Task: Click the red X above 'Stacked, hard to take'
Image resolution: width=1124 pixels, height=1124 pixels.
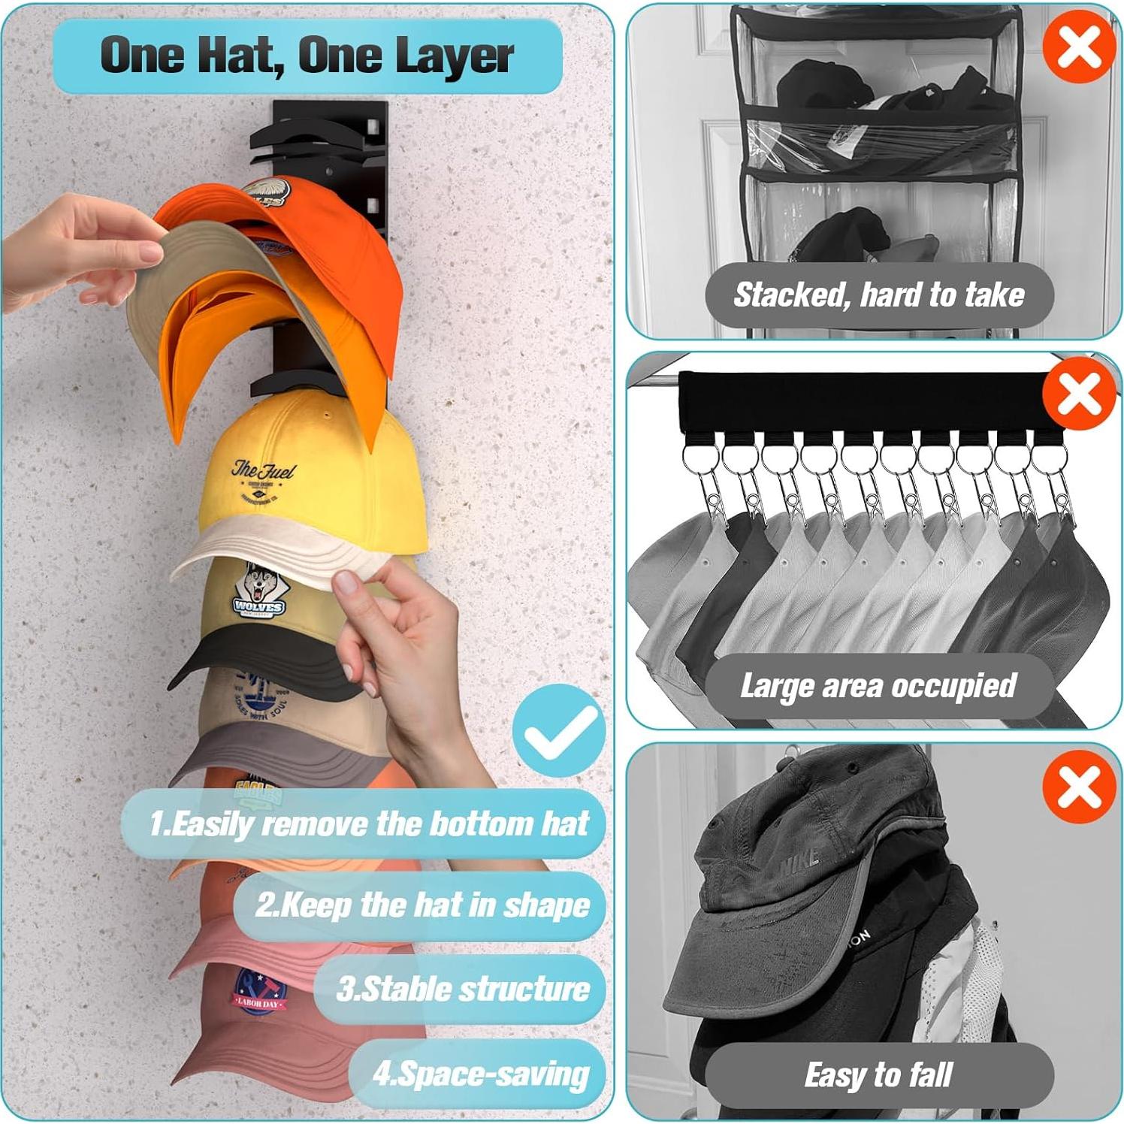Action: point(1079,47)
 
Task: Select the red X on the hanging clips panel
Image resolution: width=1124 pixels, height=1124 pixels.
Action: point(1079,394)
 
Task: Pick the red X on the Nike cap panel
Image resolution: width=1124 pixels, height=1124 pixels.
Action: point(1079,787)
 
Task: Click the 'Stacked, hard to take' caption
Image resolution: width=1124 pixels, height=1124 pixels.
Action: point(878,295)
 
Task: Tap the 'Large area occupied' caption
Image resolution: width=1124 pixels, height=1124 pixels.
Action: point(878,686)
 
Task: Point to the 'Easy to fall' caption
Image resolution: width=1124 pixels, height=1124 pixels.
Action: point(878,1074)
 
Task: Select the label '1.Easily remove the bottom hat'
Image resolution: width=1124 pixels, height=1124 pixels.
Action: point(368,823)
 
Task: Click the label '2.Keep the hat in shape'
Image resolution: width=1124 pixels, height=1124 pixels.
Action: point(421,905)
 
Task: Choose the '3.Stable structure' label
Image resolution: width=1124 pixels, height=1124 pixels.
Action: point(462,989)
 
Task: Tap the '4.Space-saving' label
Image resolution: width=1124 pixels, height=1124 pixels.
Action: point(480,1074)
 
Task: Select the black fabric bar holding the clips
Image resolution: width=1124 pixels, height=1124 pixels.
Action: point(864,402)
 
